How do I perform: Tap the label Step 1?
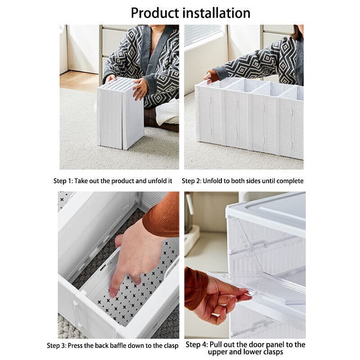pyautogui.click(x=63, y=181)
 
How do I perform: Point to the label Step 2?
pyautogui.click(x=191, y=181)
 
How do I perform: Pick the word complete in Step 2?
pyautogui.click(x=290, y=181)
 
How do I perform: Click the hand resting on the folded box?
pyautogui.click(x=140, y=88)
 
